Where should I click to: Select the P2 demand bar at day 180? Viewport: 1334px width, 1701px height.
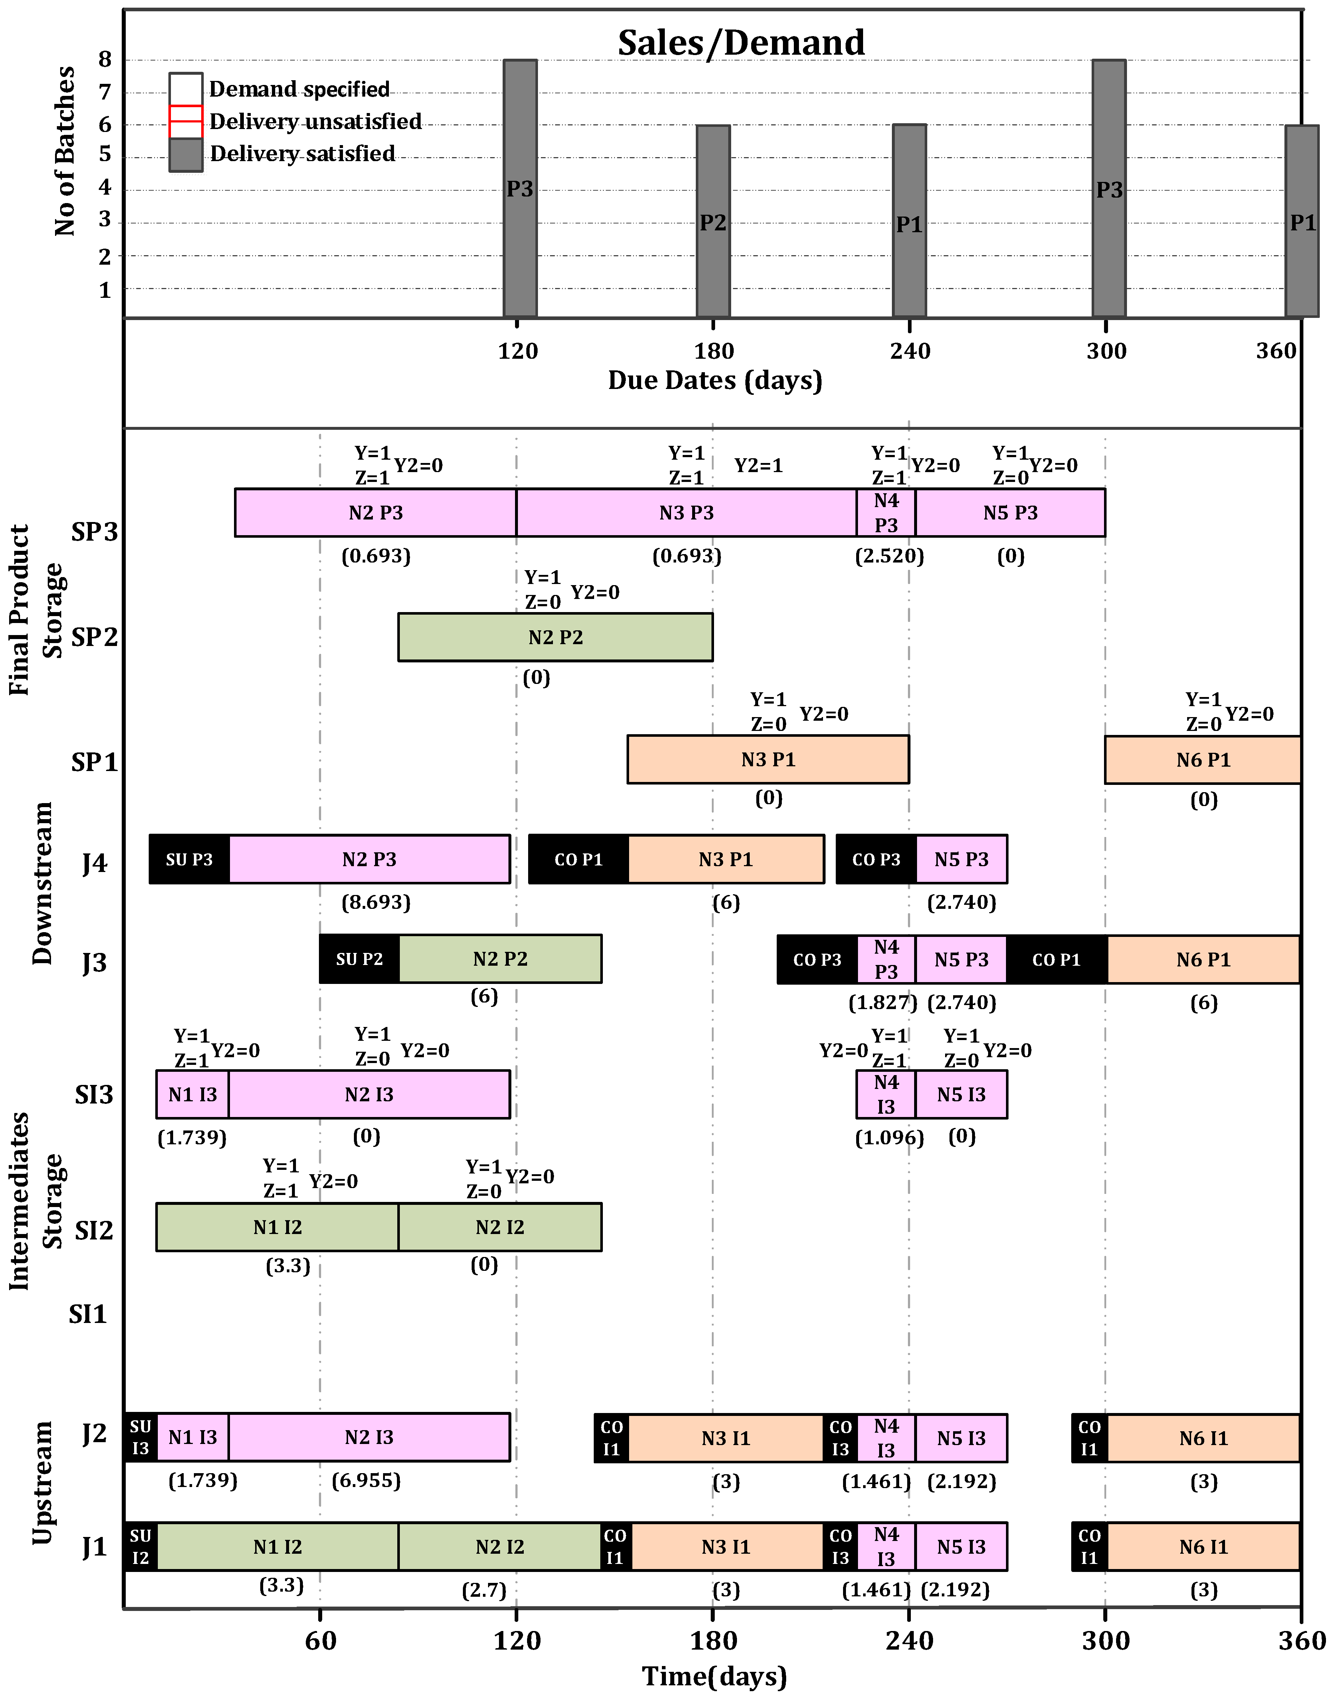(713, 221)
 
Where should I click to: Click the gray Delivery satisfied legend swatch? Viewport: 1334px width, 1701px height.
(186, 155)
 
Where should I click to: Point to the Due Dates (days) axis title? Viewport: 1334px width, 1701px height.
(715, 380)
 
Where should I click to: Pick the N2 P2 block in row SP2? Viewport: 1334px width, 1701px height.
(555, 637)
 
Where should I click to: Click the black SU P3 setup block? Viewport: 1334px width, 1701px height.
(189, 859)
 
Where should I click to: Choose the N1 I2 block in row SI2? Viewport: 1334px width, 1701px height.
(277, 1227)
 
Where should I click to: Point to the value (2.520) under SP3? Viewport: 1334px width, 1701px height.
(890, 556)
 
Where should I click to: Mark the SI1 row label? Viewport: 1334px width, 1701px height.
(87, 1315)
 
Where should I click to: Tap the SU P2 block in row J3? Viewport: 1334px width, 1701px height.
(359, 959)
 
